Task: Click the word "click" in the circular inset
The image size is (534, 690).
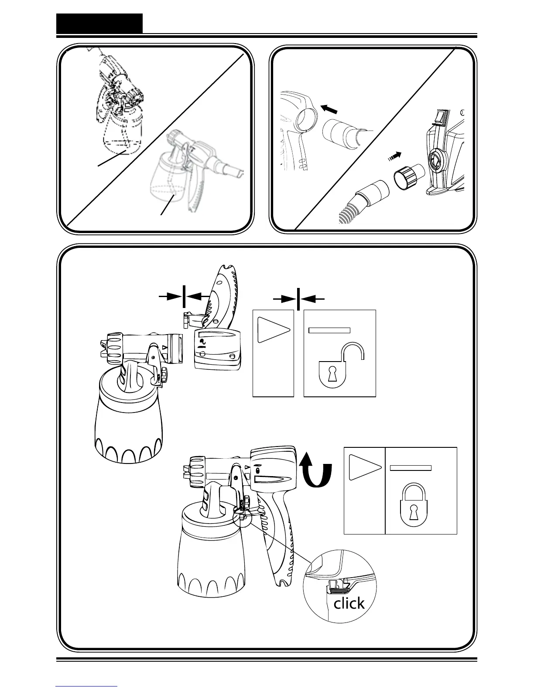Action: pyautogui.click(x=349, y=603)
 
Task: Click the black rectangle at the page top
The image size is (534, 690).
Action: pyautogui.click(x=99, y=24)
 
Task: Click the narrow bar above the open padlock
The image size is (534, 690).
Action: pyautogui.click(x=329, y=330)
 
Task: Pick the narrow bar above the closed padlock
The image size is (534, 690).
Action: pyautogui.click(x=411, y=468)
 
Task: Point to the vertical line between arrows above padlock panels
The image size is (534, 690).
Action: pyautogui.click(x=298, y=299)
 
